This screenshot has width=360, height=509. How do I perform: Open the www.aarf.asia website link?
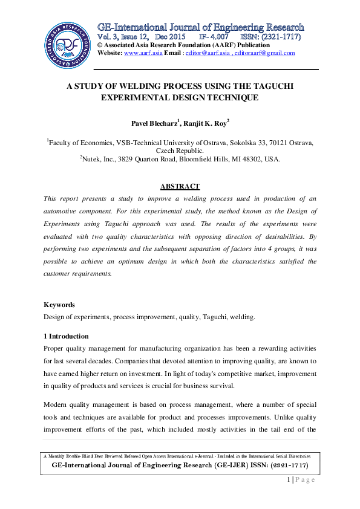tap(140, 53)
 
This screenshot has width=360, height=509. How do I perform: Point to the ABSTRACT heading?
tap(180, 186)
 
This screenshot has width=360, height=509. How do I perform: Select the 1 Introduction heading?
tap(66, 336)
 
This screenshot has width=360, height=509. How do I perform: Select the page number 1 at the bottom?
tap(289, 479)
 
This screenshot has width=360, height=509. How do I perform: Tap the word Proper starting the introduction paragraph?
tap(55, 348)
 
